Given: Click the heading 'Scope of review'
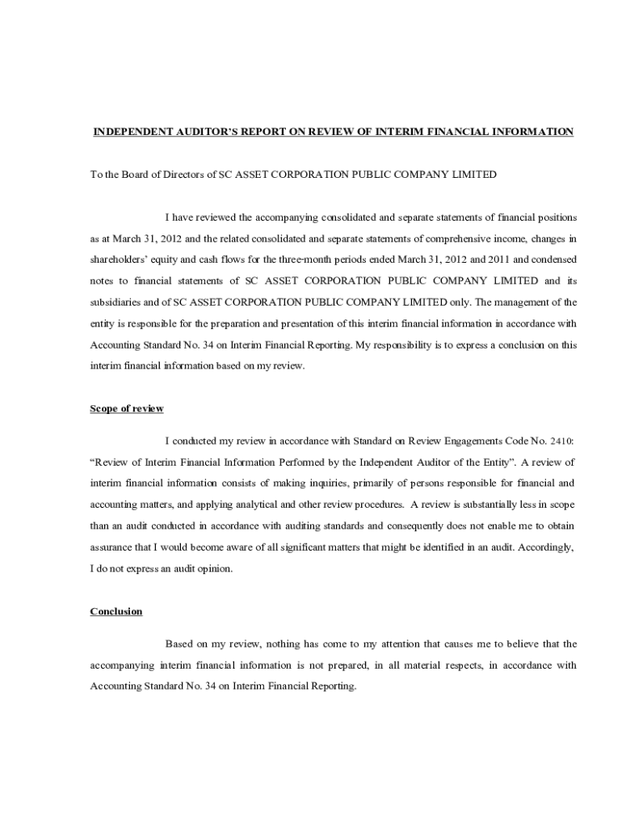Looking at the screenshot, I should (126, 409).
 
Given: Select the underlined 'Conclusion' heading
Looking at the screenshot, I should (116, 611).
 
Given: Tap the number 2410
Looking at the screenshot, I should (561, 441).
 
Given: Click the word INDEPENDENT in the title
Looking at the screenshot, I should (129, 132).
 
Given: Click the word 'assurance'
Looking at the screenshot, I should (111, 547).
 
